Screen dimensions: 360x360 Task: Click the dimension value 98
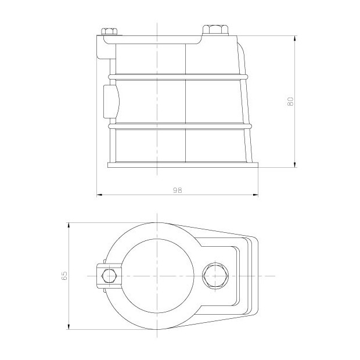coord(177,190)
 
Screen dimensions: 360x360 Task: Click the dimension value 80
coord(290,102)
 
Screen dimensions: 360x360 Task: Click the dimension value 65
coord(64,275)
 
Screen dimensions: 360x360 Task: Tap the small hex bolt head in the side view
coord(109,31)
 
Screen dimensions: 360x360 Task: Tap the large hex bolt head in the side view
coord(215,30)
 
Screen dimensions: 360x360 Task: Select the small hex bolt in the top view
coord(109,276)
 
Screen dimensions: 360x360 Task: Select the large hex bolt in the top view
coord(215,276)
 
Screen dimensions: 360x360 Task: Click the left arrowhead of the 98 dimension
coord(99,195)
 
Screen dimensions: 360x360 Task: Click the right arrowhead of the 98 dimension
coord(255,195)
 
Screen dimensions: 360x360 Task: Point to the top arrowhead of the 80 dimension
coord(295,38)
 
